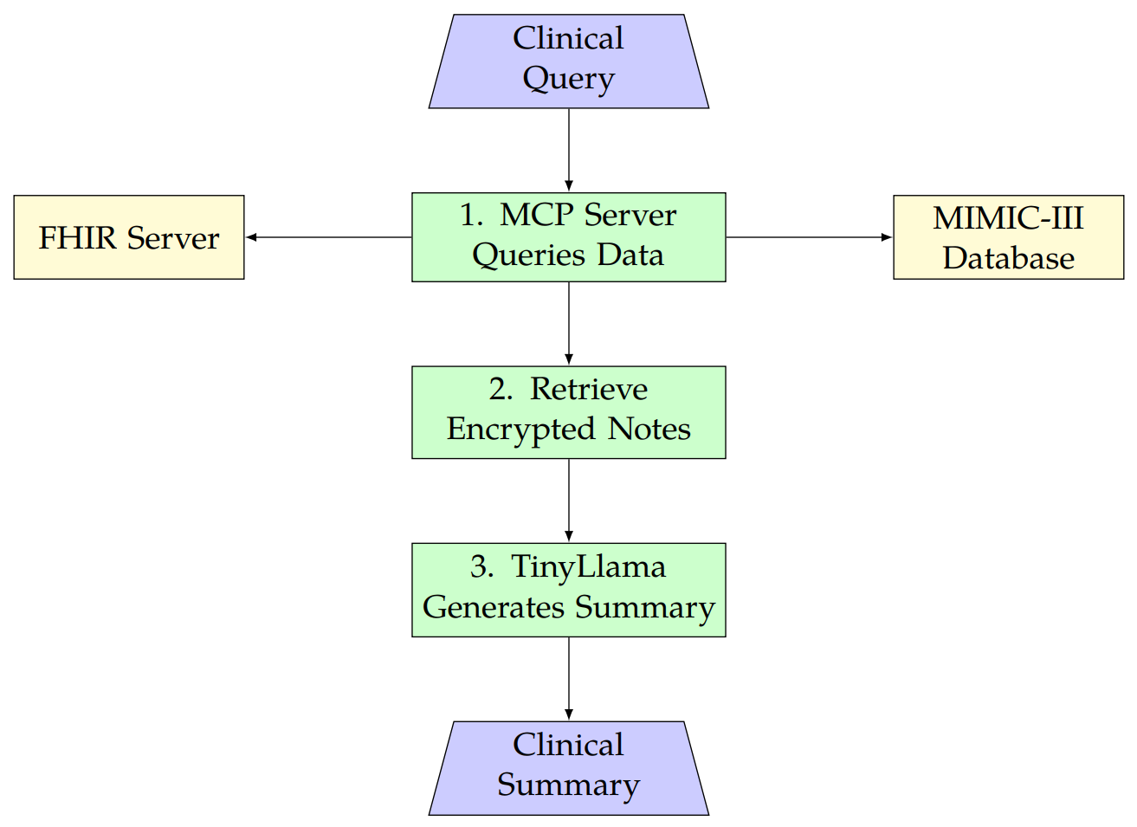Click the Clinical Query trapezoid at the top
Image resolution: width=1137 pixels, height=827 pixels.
(568, 61)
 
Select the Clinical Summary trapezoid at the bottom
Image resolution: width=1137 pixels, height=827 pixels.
(568, 767)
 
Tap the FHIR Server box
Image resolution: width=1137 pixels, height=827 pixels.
(129, 237)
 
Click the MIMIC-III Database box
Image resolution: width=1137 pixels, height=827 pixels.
(1008, 237)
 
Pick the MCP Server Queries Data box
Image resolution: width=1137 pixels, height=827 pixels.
(568, 236)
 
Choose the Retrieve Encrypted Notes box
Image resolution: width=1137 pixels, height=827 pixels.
(568, 412)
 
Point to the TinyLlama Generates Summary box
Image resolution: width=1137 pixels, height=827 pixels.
(568, 590)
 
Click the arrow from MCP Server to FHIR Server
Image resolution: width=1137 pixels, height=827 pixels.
(329, 237)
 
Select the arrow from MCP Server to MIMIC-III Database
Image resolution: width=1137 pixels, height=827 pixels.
(809, 237)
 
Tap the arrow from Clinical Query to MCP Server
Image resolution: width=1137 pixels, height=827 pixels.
(569, 149)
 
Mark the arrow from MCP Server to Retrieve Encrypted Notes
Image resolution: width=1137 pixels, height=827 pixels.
(569, 323)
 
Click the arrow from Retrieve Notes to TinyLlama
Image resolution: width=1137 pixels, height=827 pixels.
(569, 500)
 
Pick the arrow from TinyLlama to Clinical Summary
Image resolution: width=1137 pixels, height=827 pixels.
(569, 678)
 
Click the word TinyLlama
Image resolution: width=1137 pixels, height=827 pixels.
(588, 567)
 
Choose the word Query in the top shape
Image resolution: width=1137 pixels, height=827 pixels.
(568, 79)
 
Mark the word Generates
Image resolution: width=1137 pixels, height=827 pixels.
(494, 608)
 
